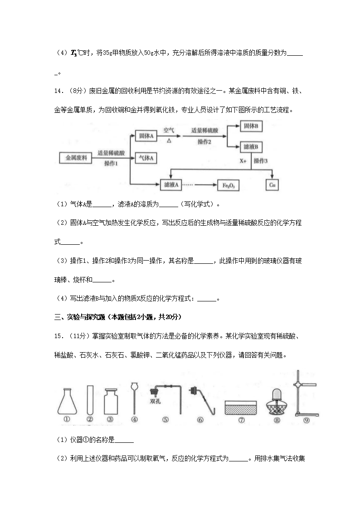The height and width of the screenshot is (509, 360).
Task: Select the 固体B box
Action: click(250, 126)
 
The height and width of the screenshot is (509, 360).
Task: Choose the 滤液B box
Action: click(250, 147)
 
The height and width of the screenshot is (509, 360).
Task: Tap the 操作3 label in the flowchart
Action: click(261, 160)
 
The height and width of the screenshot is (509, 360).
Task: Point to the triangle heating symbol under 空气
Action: click(169, 141)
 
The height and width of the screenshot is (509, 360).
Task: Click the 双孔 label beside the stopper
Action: click(156, 401)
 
